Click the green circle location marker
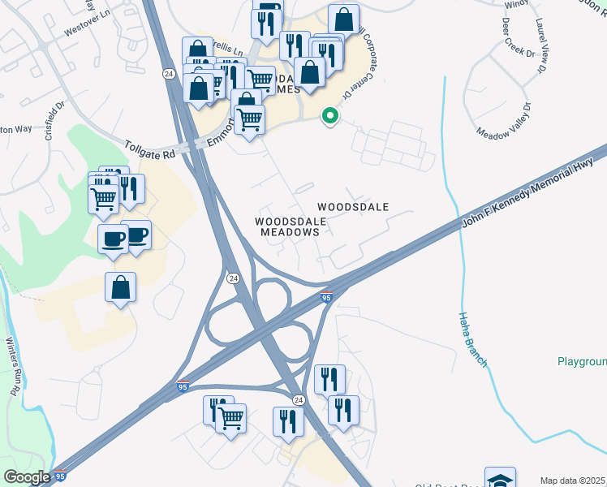[329, 116]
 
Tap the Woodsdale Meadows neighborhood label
[291, 226]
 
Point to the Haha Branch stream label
[473, 340]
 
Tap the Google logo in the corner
[27, 477]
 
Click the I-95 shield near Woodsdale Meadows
[326, 298]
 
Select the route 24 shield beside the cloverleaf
[233, 278]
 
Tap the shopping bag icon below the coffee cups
[120, 287]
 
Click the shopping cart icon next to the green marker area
[250, 119]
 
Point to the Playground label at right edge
[582, 361]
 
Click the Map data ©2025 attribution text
[573, 481]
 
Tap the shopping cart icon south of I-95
[231, 418]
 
